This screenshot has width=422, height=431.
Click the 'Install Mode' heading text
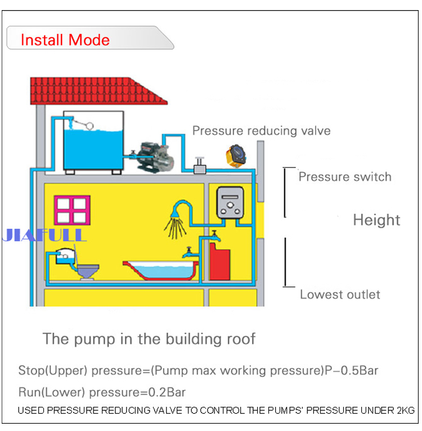[65, 40]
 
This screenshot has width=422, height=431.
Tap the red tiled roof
[98, 90]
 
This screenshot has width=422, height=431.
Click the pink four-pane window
[71, 210]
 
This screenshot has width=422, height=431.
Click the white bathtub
[160, 270]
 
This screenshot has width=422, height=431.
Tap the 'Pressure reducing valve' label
[262, 131]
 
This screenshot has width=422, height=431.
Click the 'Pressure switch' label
[345, 177]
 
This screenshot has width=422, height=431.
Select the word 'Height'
[376, 220]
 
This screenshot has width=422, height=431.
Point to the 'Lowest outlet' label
[340, 294]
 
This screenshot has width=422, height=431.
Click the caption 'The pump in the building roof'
[149, 339]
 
